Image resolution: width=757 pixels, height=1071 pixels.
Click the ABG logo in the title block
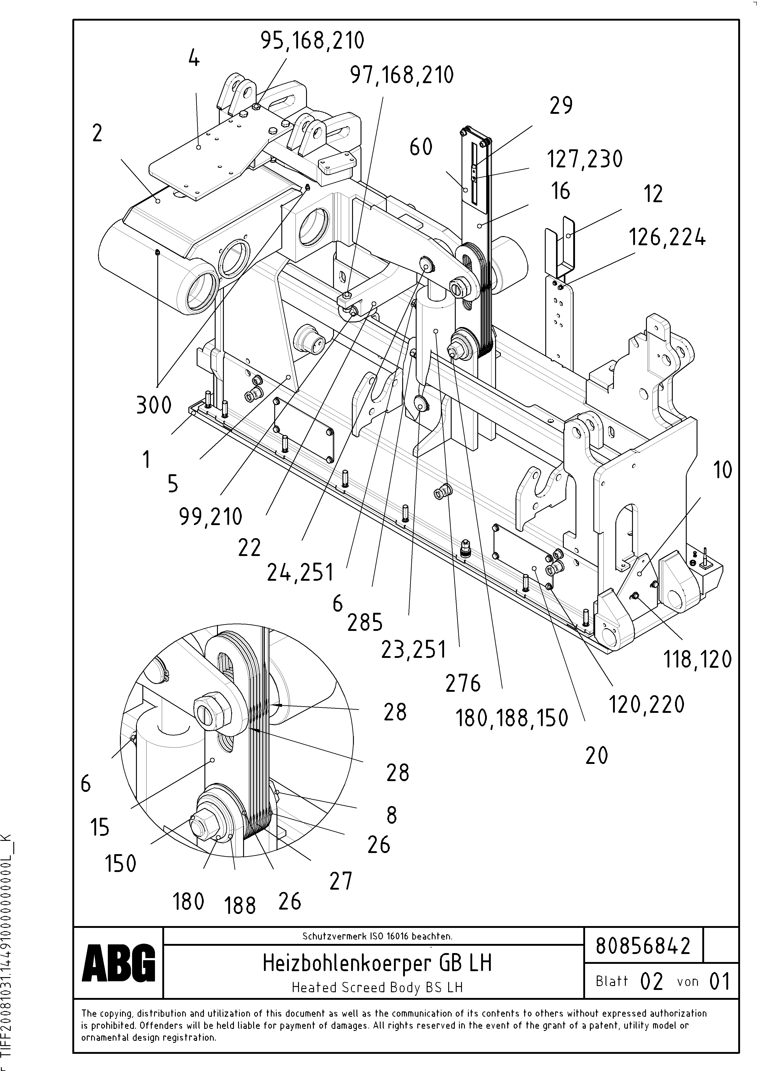119,964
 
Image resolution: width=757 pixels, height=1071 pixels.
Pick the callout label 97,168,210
402,75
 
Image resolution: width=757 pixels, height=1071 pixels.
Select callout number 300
154,404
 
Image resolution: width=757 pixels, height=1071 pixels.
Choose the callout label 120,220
646,704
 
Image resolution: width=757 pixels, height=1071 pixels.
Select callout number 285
365,623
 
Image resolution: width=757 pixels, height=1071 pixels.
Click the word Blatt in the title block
611,981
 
